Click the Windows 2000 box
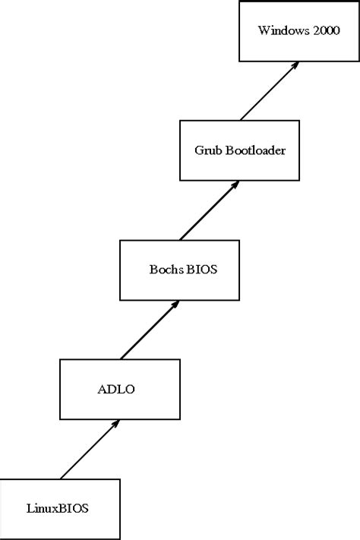pos(299,31)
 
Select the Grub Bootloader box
pos(239,150)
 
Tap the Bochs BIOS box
pos(180,269)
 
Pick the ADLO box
pos(120,389)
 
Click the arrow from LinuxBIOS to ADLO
pos(90,449)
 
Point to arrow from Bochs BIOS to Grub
pos(210,210)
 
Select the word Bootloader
pos(255,150)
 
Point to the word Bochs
pos(163,270)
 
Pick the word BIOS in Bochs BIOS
pos(199,270)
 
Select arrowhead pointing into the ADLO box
pos(115,424)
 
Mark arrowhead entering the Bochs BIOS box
pos(175,304)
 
